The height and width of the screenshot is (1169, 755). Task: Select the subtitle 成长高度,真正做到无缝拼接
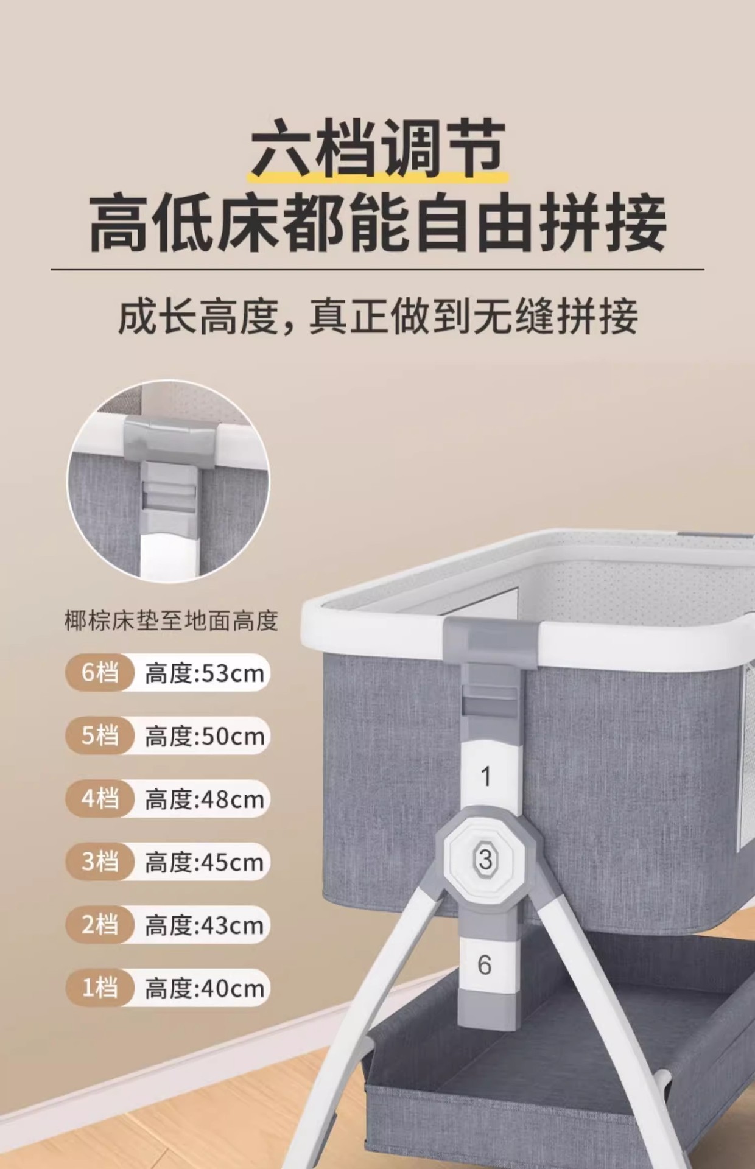[377, 317]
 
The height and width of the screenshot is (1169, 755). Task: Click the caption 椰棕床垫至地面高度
[171, 621]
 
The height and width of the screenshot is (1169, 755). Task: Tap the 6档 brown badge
[99, 673]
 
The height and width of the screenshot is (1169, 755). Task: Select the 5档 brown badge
[99, 735]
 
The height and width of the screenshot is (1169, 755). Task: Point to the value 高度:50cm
[204, 737]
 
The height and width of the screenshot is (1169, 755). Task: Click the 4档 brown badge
[99, 798]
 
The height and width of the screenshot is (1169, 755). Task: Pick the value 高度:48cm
[204, 799]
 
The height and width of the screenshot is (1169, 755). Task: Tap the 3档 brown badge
[99, 862]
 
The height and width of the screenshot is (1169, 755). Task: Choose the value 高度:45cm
[204, 863]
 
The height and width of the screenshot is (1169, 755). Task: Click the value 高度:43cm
[204, 925]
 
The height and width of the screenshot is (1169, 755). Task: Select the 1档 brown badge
[99, 987]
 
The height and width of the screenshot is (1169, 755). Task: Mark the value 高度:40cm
[204, 989]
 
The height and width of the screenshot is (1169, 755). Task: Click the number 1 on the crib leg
[485, 776]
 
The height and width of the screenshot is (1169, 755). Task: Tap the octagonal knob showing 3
[485, 859]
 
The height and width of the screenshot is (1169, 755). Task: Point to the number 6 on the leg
[485, 964]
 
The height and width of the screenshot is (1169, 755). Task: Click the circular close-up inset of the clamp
[168, 481]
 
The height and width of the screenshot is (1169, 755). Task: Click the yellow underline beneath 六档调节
[377, 177]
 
